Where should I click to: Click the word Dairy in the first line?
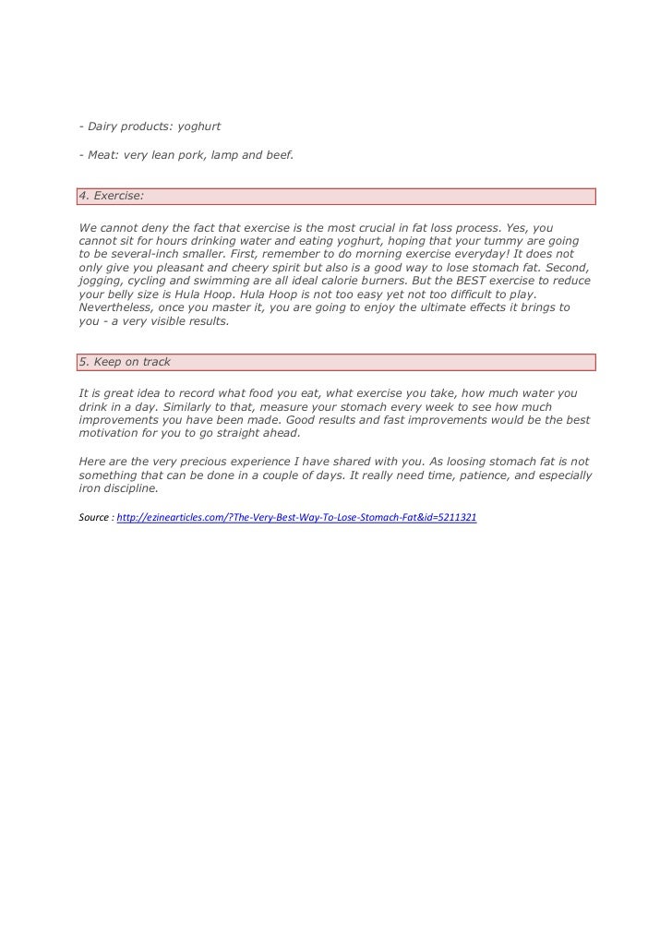(x=105, y=126)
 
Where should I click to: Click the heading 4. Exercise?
(x=112, y=197)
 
